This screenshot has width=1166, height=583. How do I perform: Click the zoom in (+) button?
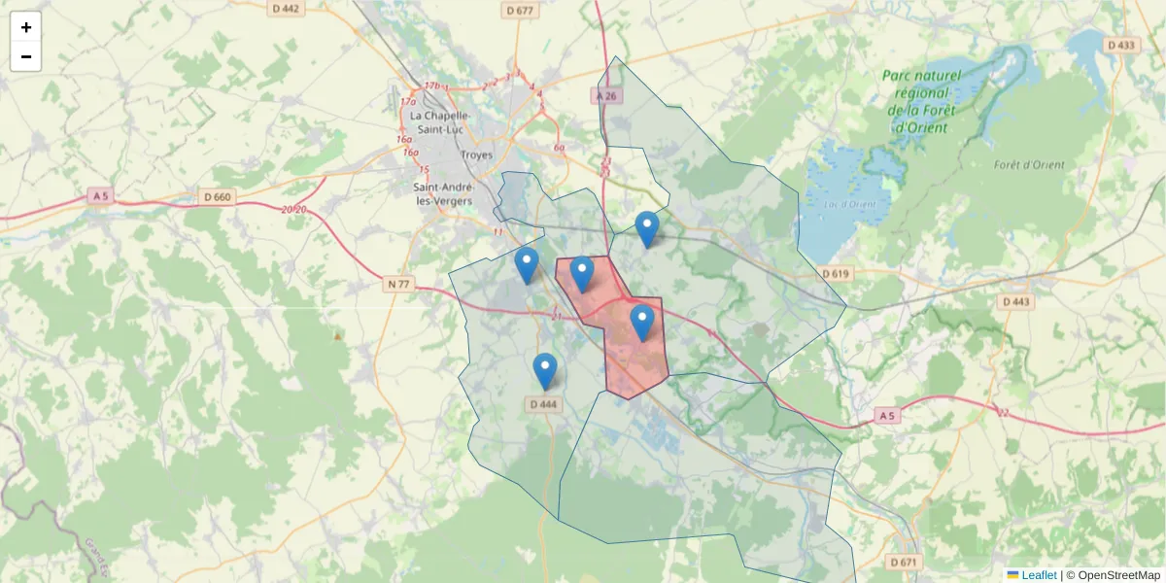click(26, 27)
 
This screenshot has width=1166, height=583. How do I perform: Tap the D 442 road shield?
click(287, 9)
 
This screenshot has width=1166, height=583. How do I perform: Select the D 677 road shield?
click(521, 11)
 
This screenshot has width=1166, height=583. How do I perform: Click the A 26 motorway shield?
click(606, 95)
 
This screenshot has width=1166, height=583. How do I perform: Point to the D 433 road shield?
click(1120, 45)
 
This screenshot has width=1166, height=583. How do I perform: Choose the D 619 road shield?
click(835, 274)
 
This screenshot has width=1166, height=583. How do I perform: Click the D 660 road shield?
click(219, 197)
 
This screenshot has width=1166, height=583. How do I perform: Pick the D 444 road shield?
click(544, 404)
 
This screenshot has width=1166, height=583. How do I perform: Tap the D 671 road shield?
click(903, 563)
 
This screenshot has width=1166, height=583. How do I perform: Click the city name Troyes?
click(476, 154)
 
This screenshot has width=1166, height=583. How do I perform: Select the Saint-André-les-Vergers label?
click(443, 193)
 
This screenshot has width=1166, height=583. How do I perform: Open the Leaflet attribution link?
click(1038, 575)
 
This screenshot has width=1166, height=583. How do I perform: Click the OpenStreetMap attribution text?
click(1113, 575)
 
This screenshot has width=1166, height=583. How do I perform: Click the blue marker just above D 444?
click(546, 370)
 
